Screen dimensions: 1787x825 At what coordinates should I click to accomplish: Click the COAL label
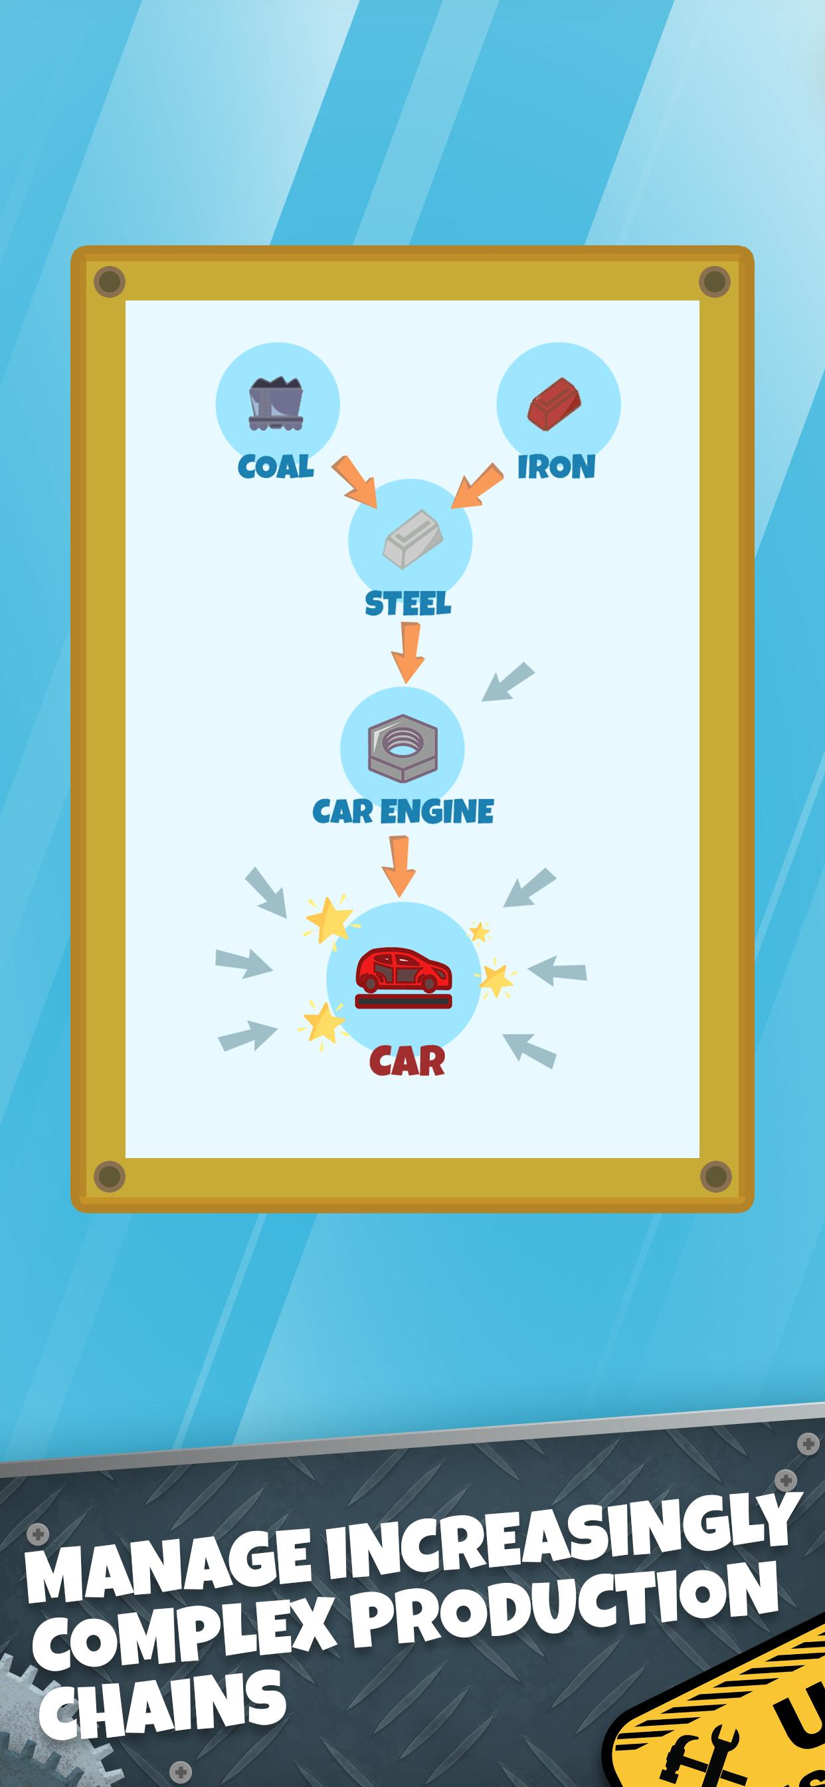pos(275,466)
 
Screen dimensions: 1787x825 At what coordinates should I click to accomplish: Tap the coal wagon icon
pos(276,403)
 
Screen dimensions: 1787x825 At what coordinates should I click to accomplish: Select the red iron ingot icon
pos(555,406)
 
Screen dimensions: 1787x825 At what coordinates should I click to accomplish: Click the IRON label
pos(556,467)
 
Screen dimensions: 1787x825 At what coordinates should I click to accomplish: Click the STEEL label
pos(408,604)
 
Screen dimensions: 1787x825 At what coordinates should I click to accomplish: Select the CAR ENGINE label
pos(403,811)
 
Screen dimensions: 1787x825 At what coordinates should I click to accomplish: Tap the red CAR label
pos(407,1062)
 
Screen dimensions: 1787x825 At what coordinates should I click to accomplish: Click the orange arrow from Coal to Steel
pos(354,481)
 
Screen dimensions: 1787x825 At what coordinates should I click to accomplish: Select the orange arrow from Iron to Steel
pos(477,485)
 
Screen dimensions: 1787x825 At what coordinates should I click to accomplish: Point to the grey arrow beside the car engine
pos(508,682)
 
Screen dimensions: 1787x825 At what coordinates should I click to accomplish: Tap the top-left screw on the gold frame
pos(109,283)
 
